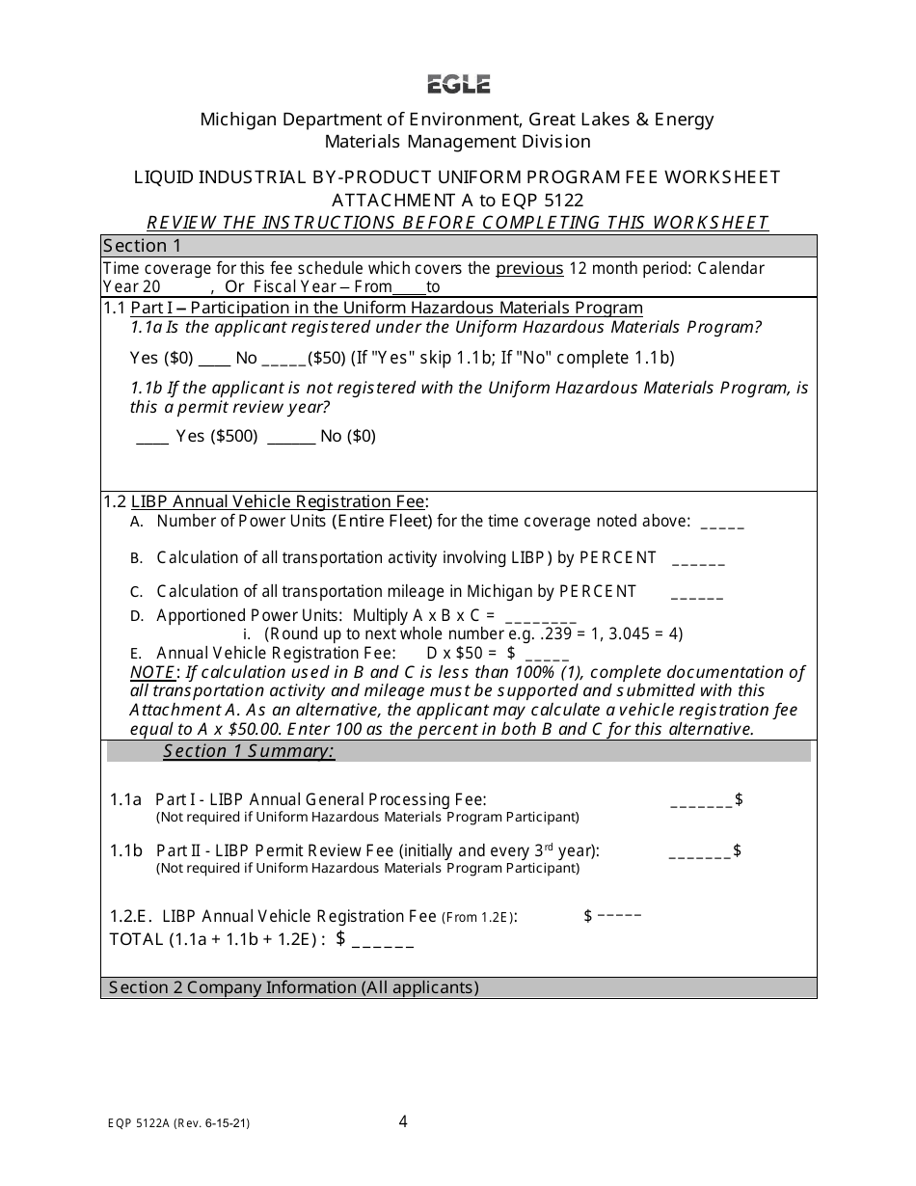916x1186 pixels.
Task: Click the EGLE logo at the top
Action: (459, 85)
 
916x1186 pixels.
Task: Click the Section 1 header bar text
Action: (142, 245)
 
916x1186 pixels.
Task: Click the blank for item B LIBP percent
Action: (698, 560)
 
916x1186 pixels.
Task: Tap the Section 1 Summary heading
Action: (249, 751)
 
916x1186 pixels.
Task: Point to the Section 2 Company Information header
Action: (294, 987)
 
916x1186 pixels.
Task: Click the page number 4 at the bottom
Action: (403, 1121)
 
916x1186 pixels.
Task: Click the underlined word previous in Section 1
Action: (529, 268)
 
